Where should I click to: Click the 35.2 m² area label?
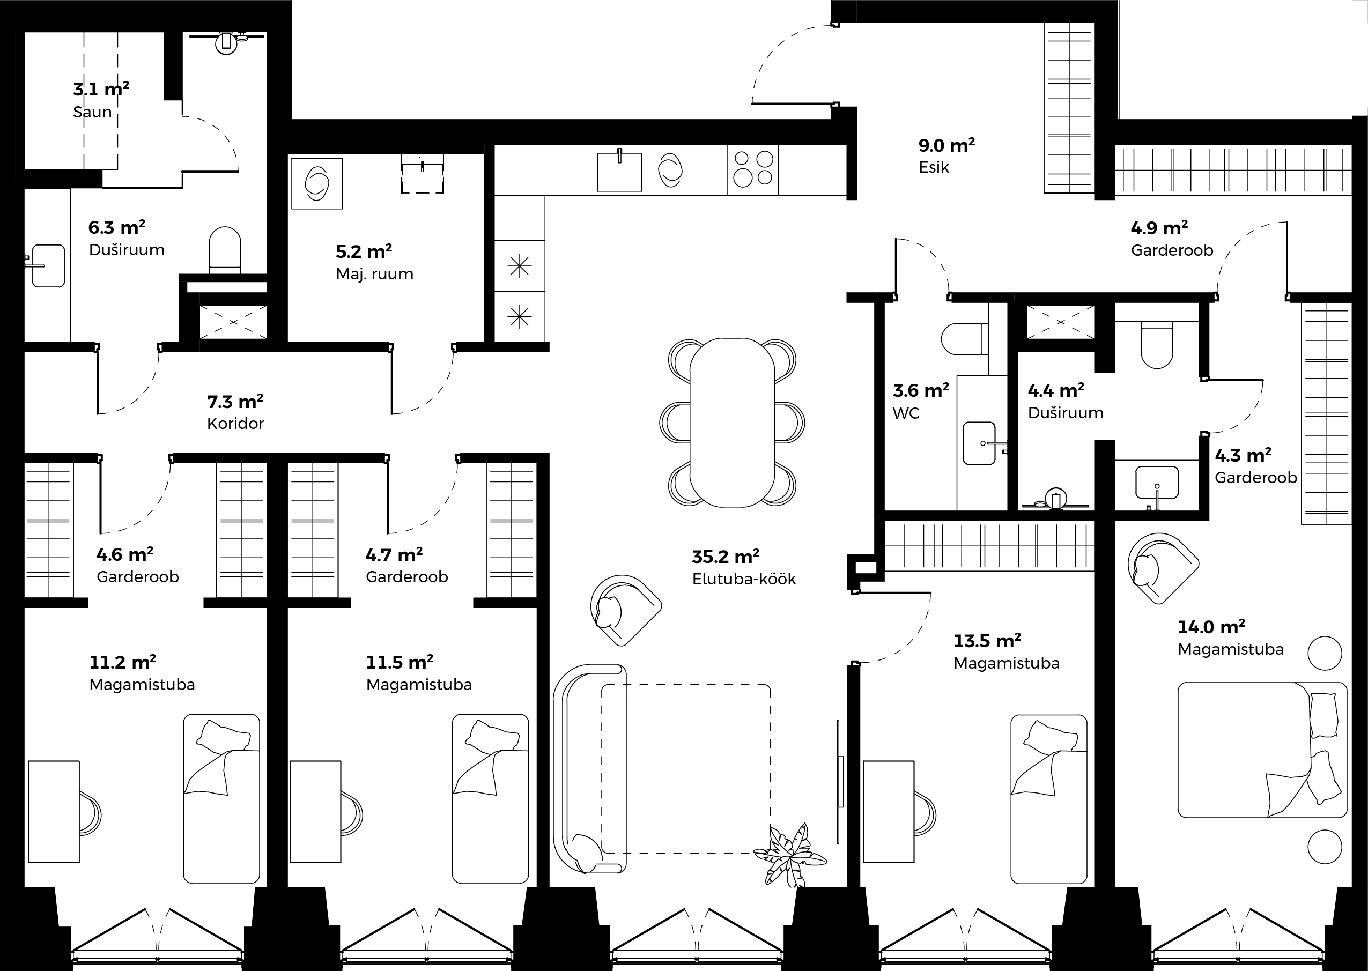coord(725,557)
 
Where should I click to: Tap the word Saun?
coord(92,112)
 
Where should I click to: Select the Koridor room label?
coord(235,424)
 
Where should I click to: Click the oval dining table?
coord(732,422)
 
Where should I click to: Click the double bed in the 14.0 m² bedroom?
coord(1262,750)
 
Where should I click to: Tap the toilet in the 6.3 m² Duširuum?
coord(225,250)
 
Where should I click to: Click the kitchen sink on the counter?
coord(619,172)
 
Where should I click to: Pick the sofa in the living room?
coord(589,769)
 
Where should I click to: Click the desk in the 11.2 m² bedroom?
coord(54,811)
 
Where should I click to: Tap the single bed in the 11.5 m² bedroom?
coord(490,798)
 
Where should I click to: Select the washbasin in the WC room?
coord(979,443)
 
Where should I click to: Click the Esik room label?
coord(933,167)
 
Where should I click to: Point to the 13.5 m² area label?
coord(987,641)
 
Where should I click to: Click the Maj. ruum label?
coord(374,274)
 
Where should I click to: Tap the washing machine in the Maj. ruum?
coord(317,183)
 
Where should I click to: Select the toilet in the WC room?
coord(964,339)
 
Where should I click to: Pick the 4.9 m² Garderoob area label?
coord(1159,228)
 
